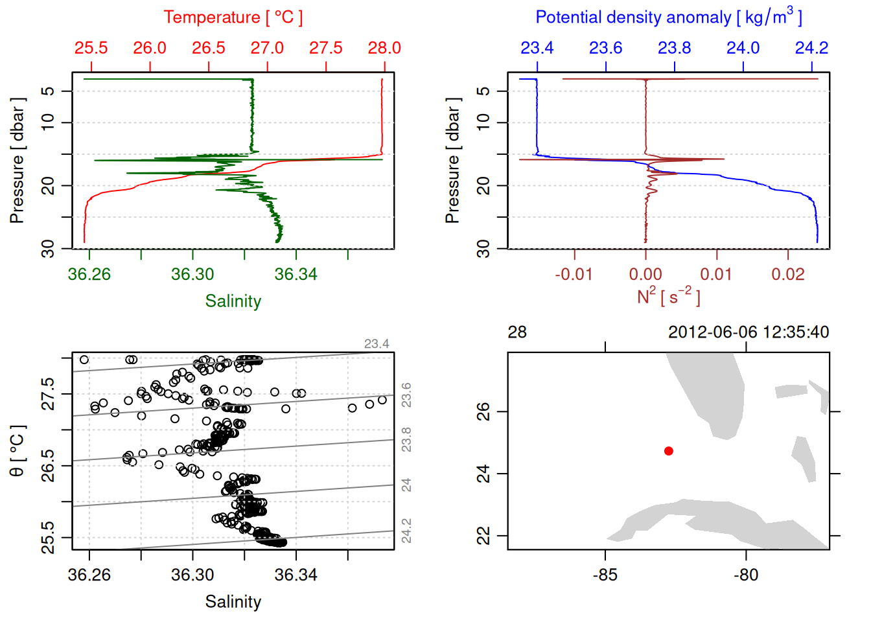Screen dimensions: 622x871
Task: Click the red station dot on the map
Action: (668, 451)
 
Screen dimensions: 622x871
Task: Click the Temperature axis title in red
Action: (233, 17)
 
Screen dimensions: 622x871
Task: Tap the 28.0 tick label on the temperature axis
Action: (384, 48)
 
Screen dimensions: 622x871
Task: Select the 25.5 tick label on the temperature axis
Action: (91, 48)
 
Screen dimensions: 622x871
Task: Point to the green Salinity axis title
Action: (233, 301)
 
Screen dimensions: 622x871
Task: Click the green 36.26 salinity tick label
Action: (89, 275)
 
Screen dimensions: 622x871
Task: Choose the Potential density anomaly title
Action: (668, 17)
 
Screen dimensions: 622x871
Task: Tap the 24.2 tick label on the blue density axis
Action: (811, 48)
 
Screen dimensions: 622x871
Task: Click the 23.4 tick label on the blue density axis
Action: (537, 48)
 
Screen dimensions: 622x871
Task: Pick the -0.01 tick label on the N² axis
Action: (574, 275)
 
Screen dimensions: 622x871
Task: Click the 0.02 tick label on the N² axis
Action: (788, 275)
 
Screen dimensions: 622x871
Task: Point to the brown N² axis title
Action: (668, 297)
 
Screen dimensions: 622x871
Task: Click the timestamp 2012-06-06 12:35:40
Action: (749, 332)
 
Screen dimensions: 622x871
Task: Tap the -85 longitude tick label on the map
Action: (605, 575)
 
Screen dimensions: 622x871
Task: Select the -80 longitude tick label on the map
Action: (746, 575)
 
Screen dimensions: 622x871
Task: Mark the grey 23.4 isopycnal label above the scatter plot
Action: (377, 344)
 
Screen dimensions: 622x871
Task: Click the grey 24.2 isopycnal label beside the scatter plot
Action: (406, 531)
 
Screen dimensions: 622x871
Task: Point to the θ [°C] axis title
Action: (17, 451)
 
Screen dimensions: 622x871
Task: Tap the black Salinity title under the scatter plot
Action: (233, 602)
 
